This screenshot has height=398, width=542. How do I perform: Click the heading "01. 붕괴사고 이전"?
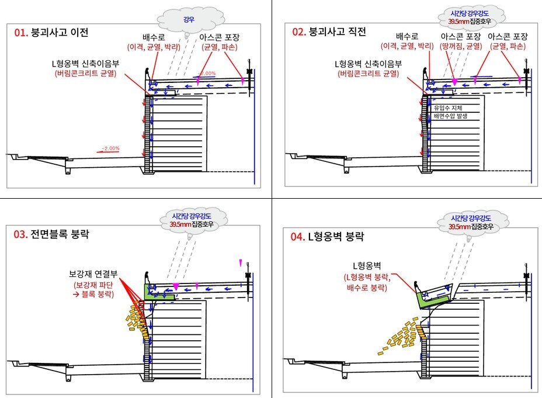pos(51,33)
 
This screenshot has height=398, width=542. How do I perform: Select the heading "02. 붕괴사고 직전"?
pos(329,32)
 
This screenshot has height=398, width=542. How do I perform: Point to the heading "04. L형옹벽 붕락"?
pos(328,237)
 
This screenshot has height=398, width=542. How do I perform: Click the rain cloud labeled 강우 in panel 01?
pos(189,19)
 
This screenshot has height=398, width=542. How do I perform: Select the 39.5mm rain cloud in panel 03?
pos(192,219)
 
